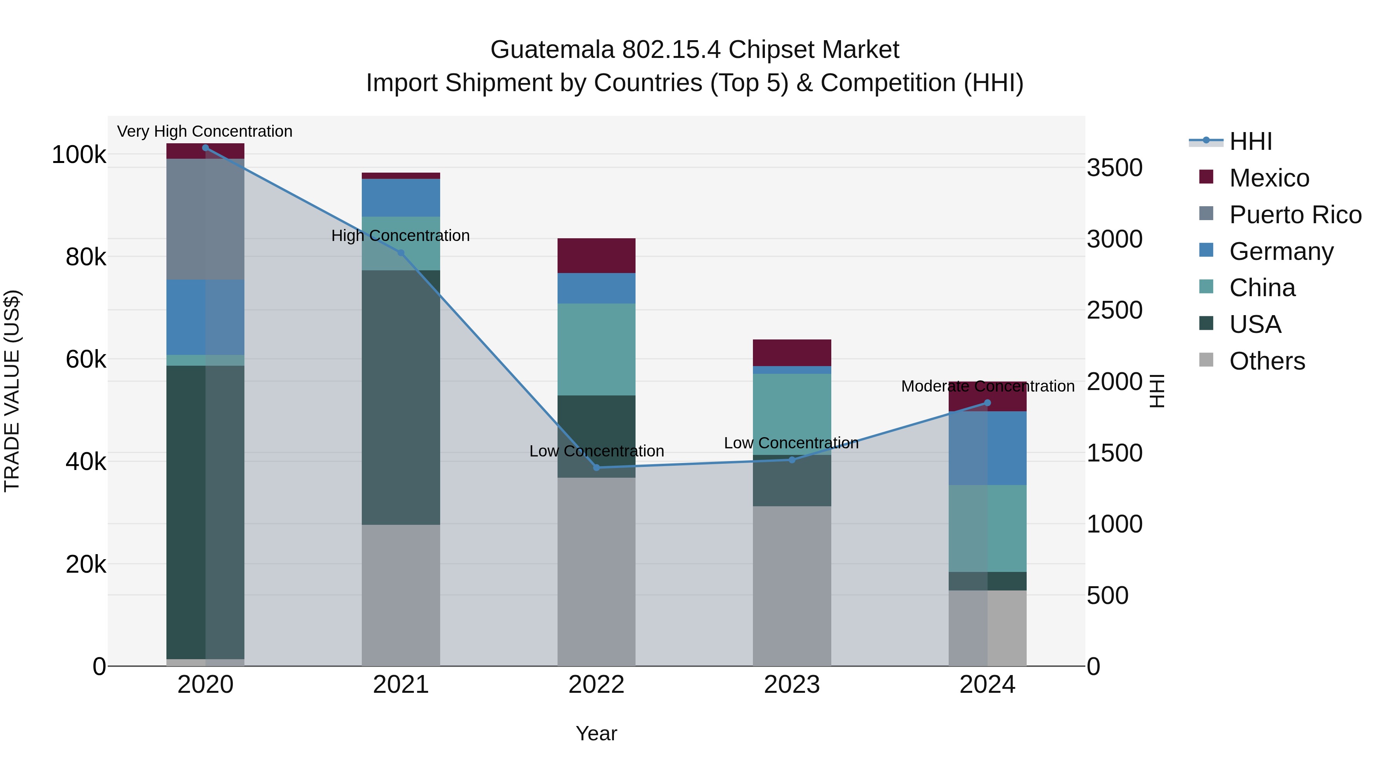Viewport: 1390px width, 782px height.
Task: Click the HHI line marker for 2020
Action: tap(205, 148)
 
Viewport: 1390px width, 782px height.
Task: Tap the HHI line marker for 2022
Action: tap(596, 467)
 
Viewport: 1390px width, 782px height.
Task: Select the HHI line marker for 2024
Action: tap(987, 403)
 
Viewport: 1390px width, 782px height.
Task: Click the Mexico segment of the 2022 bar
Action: tap(596, 256)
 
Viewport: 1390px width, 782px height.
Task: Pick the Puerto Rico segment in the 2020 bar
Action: tap(205, 219)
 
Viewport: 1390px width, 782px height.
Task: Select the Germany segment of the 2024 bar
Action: tap(987, 448)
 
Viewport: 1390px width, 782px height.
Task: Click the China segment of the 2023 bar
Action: tap(792, 414)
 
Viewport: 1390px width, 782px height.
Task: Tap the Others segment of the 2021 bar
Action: tap(401, 595)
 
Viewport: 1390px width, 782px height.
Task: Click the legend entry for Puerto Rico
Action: tap(1295, 214)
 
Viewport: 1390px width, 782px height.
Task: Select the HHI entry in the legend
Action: tap(1250, 141)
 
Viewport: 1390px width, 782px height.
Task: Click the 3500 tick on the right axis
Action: tap(1114, 168)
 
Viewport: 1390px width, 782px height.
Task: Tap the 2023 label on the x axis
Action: tap(792, 685)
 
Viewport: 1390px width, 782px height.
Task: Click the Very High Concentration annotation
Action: tap(205, 131)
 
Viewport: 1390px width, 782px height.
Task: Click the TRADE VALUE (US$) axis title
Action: tap(12, 391)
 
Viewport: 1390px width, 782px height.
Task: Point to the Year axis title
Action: tap(596, 733)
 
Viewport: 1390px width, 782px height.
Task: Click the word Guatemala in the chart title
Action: tap(552, 50)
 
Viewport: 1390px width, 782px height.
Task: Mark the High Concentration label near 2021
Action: tap(400, 236)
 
